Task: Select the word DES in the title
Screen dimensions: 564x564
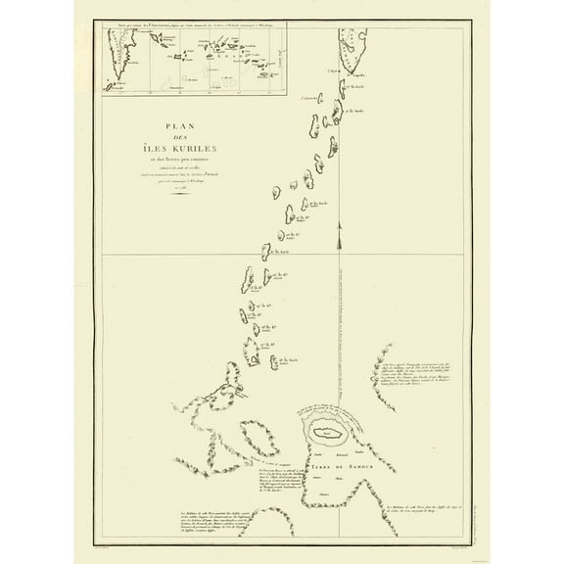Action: tap(178, 138)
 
